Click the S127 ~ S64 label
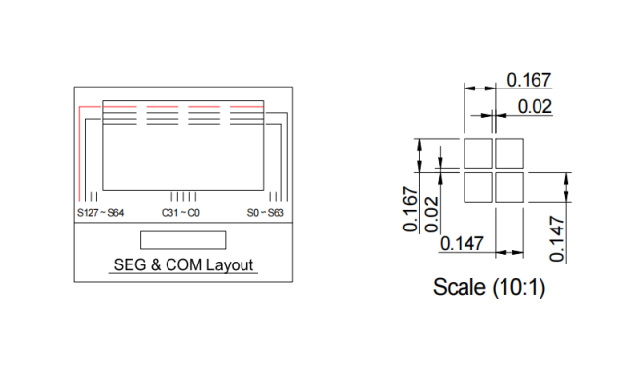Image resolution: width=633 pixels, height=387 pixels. (100, 212)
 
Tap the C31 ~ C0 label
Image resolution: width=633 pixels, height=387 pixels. (180, 212)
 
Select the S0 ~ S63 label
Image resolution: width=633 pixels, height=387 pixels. (265, 212)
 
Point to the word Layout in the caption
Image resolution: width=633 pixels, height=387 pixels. (230, 265)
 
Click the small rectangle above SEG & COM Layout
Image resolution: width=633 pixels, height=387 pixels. (183, 240)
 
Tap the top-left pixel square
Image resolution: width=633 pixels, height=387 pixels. (478, 154)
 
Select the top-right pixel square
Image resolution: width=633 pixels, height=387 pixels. (509, 154)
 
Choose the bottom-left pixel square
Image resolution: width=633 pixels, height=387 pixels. (478, 188)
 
